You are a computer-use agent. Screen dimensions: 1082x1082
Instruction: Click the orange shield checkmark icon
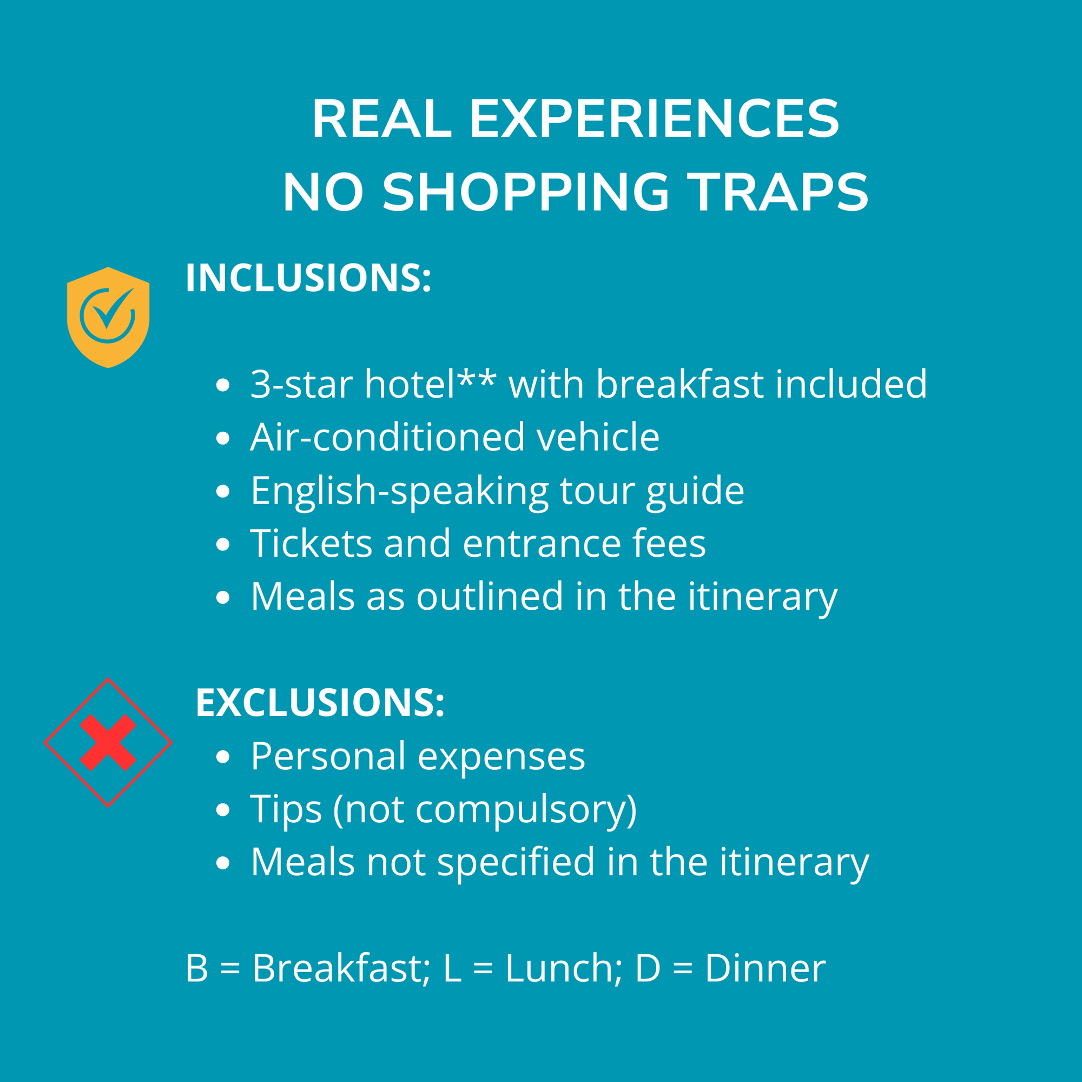[108, 317]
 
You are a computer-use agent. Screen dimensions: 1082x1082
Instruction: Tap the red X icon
[108, 742]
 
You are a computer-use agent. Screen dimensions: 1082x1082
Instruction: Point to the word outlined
[490, 596]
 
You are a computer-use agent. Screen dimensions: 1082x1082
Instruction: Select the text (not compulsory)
[485, 810]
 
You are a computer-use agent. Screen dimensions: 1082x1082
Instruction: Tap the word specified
[516, 863]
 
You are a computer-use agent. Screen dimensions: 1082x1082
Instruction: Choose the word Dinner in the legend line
[765, 968]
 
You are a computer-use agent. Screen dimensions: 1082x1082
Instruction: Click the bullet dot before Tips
[223, 810]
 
